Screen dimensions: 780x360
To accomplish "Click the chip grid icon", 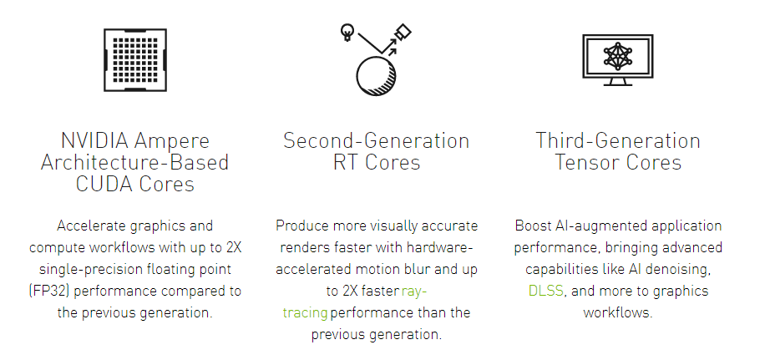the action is click(x=134, y=60).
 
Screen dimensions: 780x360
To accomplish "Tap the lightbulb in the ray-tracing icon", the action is click(x=347, y=33).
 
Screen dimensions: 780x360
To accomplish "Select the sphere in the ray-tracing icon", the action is click(x=377, y=76).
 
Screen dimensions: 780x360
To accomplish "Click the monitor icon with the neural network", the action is click(x=617, y=60).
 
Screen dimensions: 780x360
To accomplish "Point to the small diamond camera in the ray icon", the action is click(x=403, y=33).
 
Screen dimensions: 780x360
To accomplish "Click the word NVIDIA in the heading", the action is click(x=94, y=140).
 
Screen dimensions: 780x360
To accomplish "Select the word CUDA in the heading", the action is click(x=104, y=184).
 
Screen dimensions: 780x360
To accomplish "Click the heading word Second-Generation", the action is click(x=377, y=140).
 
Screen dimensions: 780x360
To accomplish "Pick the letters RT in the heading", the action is click(x=347, y=163).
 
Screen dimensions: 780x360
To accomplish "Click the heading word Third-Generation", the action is click(x=618, y=140).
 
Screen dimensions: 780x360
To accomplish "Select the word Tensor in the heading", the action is click(x=585, y=163).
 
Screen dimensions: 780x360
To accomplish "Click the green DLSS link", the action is click(x=545, y=291).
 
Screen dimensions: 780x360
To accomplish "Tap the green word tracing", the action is click(x=305, y=312).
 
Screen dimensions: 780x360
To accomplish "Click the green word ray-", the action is click(x=414, y=291).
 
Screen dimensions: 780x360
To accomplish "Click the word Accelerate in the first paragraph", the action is click(x=92, y=226).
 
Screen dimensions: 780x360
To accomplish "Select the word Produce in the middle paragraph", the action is click(x=302, y=226).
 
